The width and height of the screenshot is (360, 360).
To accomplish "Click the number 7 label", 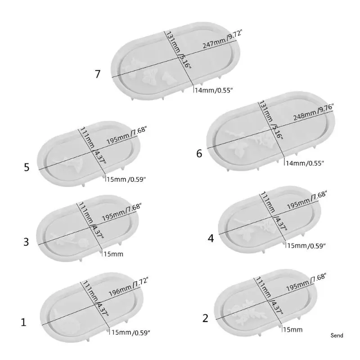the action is [x=98, y=74].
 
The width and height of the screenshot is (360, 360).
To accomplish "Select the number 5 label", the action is [x=27, y=167].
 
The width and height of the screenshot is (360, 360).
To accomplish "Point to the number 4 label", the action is [x=211, y=238].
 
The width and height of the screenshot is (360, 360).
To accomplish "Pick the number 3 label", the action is [x=26, y=242].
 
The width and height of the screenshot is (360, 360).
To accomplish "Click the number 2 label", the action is [x=206, y=318].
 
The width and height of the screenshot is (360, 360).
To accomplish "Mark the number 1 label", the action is [x=23, y=322].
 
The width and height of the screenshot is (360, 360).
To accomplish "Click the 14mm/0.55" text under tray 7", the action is [x=213, y=90].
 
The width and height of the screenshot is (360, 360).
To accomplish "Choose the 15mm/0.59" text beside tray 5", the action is [x=126, y=180].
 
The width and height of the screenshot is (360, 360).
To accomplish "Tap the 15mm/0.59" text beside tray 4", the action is [x=306, y=245].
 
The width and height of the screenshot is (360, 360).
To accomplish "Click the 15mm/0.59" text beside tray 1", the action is [x=130, y=332].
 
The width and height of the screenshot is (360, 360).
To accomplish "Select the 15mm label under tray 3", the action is [x=114, y=254].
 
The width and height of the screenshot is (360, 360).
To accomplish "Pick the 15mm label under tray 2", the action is [x=292, y=329].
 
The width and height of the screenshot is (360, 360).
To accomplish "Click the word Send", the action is [x=337, y=335].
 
